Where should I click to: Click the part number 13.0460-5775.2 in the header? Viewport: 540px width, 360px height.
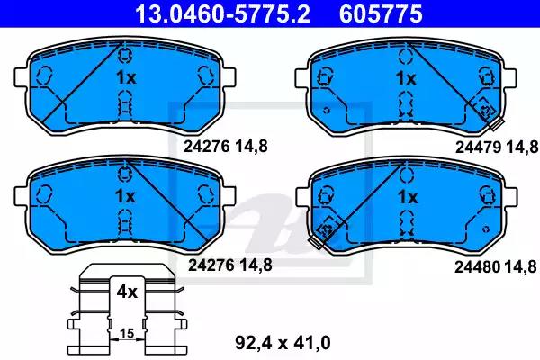222,13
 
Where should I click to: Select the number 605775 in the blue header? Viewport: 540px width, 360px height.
381,13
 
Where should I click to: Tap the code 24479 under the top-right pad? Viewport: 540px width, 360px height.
478,148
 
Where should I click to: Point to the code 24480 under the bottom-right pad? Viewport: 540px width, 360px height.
477,266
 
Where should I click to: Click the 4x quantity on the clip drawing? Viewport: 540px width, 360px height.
127,292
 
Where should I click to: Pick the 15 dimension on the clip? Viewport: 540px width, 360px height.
127,333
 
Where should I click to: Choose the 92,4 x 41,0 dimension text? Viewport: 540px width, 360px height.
283,343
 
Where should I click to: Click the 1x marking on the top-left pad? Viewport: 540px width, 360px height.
126,77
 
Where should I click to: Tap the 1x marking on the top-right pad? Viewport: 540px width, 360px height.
407,78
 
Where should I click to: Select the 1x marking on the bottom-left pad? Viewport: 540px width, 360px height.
125,196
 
